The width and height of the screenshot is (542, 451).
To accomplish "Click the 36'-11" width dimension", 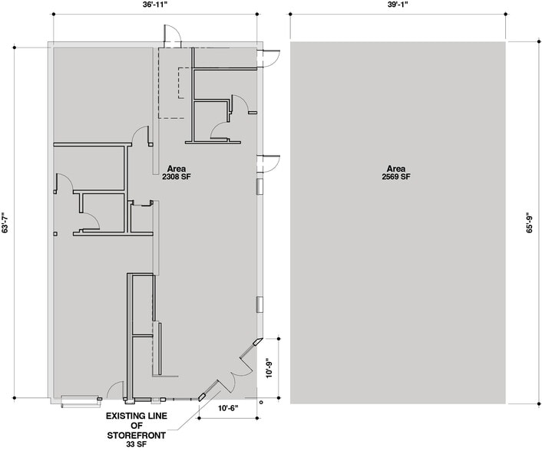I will pyautogui.click(x=155, y=7).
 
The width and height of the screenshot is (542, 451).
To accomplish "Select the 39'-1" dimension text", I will pyautogui.click(x=397, y=7).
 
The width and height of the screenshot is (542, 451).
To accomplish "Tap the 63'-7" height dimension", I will pyautogui.click(x=6, y=223).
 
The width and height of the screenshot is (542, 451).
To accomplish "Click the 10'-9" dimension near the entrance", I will pyautogui.click(x=268, y=368).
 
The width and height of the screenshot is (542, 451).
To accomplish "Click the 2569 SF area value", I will pyautogui.click(x=396, y=177).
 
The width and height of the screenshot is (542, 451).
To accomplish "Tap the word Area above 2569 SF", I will pyautogui.click(x=396, y=169).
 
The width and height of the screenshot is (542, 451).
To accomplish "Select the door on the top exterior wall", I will pyautogui.click(x=171, y=35).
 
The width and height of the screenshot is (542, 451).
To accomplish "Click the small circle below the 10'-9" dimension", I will pyautogui.click(x=262, y=401).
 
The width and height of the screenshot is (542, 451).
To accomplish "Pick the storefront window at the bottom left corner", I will pyautogui.click(x=80, y=400).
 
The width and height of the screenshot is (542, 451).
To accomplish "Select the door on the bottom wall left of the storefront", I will pyautogui.click(x=115, y=390).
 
